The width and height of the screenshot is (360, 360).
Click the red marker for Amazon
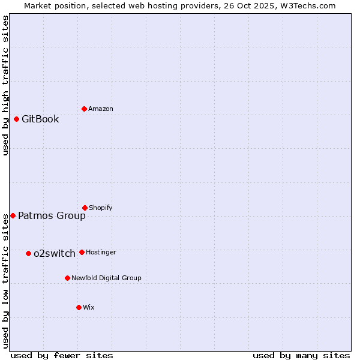tap(84, 109)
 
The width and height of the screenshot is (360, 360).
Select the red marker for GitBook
tap(16, 119)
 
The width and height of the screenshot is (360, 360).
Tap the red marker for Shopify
tap(85, 208)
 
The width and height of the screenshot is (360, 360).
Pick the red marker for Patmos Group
tap(13, 215)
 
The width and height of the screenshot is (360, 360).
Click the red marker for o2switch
tap(28, 253)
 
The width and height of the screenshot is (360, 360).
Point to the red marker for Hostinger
tap(82, 252)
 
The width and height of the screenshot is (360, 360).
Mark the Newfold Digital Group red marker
tap(67, 278)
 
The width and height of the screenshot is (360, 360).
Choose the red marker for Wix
tap(79, 307)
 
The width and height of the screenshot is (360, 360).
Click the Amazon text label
tap(101, 109)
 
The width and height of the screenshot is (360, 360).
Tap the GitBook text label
tap(40, 119)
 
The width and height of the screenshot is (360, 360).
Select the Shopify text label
tap(100, 208)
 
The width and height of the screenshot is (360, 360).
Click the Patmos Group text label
tap(52, 216)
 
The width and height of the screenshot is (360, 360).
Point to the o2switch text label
tap(54, 254)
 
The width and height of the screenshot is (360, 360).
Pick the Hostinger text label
tap(101, 252)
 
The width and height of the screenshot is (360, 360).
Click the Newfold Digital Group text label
tap(106, 278)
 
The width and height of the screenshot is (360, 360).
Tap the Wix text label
tap(89, 307)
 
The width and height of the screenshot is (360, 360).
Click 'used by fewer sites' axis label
tap(62, 355)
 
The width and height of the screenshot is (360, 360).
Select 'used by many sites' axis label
tap(301, 355)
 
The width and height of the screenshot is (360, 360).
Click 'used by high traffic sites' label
tap(5, 85)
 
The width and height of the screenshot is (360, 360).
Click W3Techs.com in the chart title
tap(306, 5)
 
